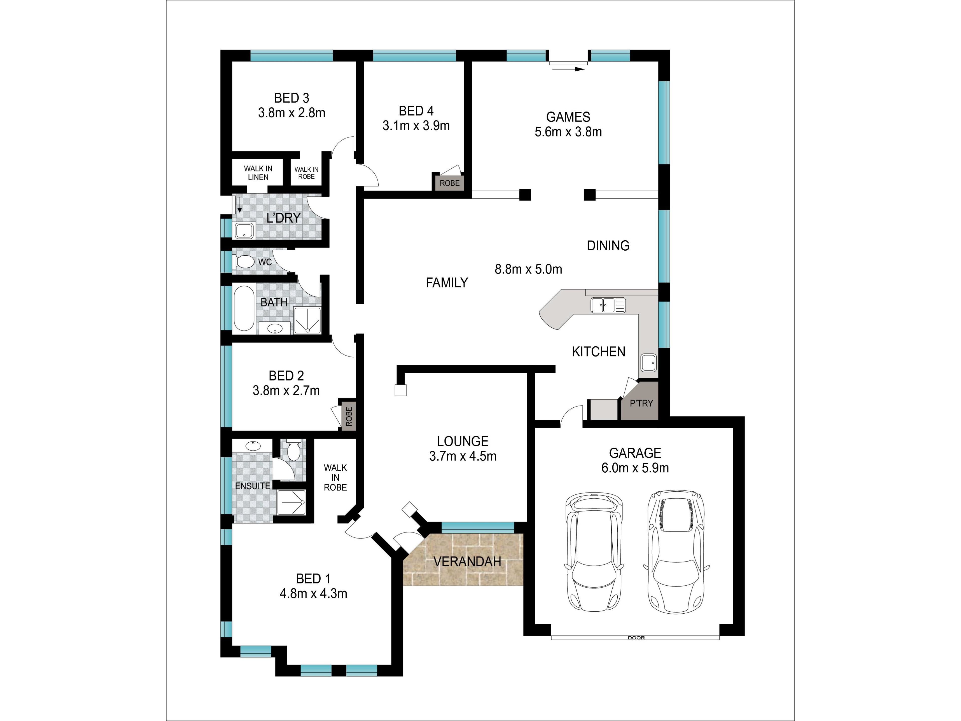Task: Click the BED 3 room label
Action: click(292, 98)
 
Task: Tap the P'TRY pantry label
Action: click(641, 403)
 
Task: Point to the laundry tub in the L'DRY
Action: click(244, 231)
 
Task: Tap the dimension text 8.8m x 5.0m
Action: click(528, 269)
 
